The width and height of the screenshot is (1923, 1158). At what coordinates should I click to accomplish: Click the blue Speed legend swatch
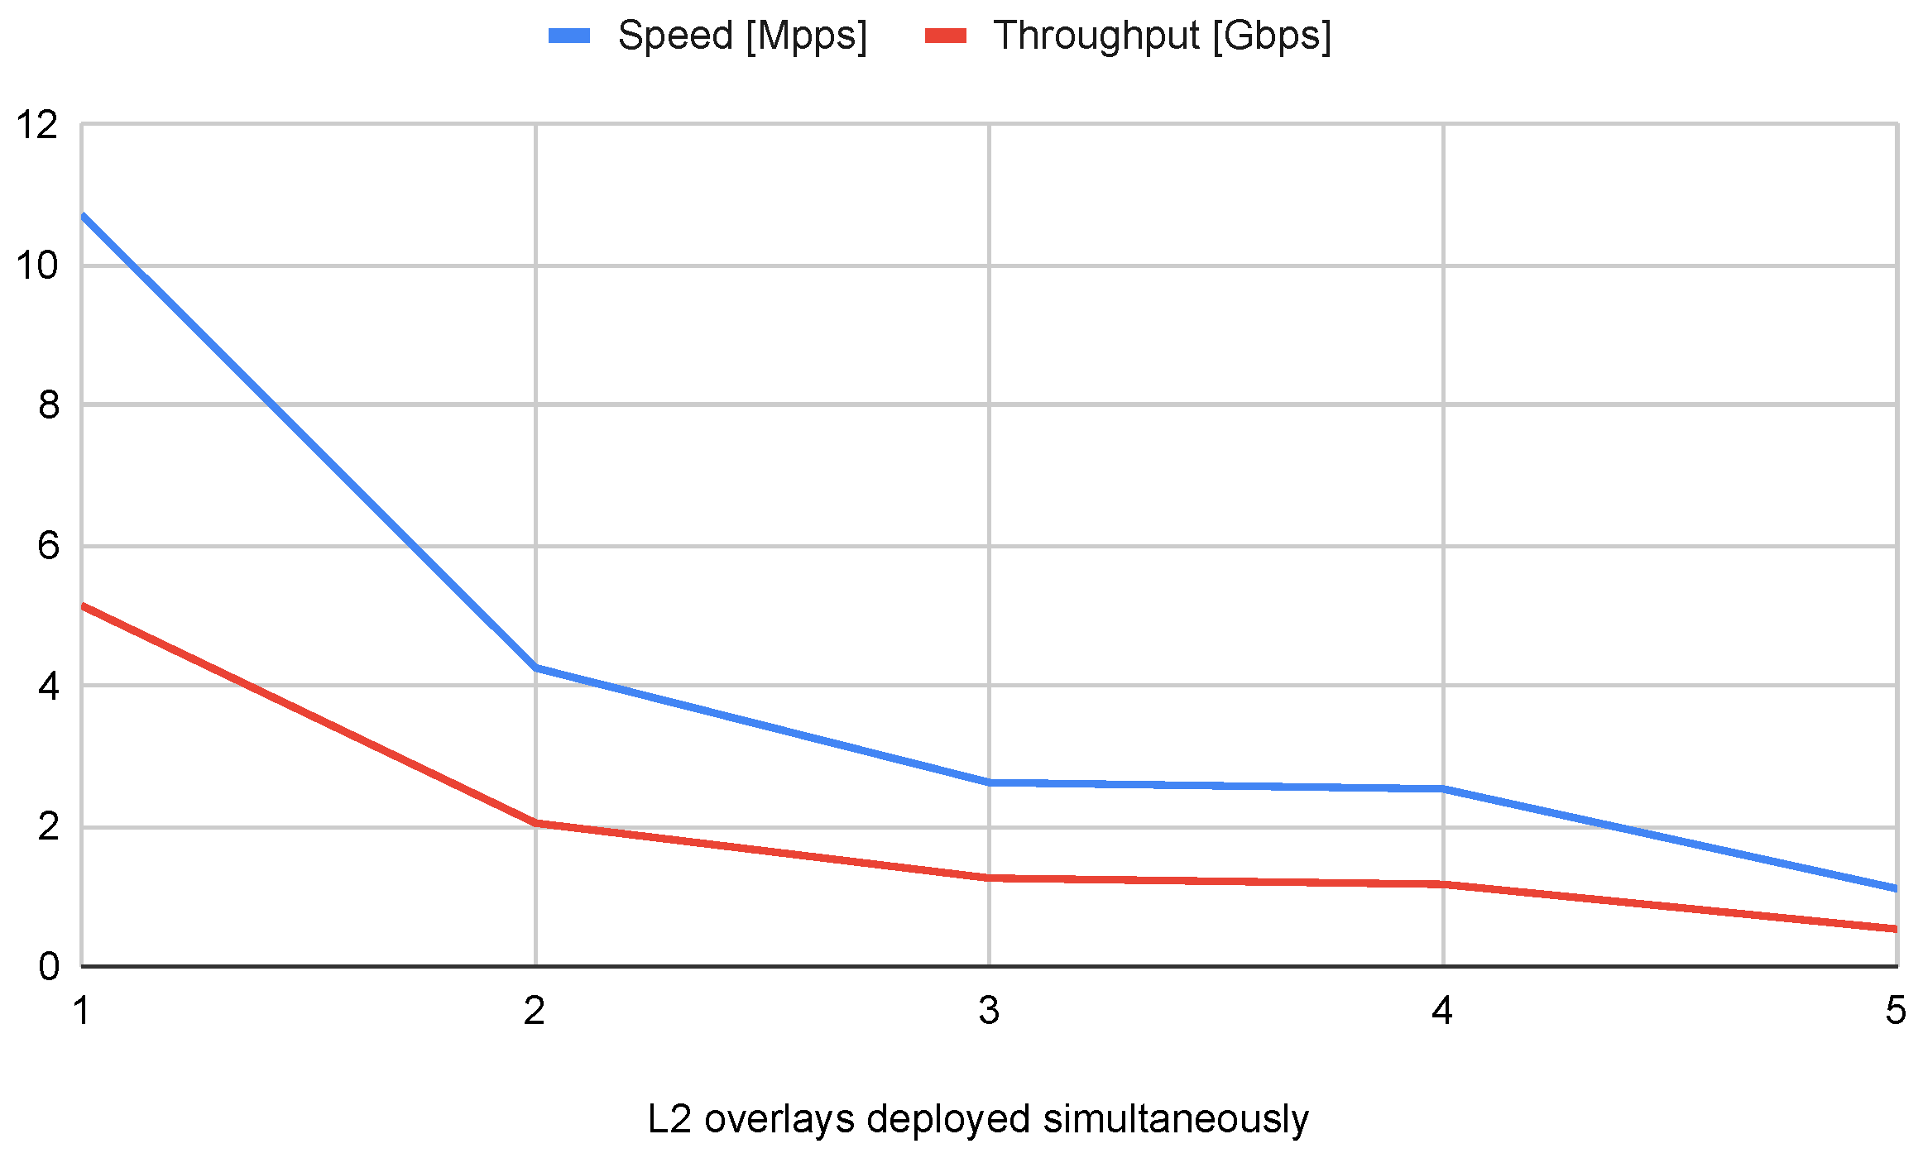[569, 36]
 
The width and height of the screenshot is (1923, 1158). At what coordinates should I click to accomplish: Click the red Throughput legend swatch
[946, 36]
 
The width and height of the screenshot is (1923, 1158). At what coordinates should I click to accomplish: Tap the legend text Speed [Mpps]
[742, 36]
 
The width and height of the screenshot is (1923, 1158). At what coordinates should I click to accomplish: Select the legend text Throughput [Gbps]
[1163, 36]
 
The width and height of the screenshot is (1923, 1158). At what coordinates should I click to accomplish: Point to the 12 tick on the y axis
[37, 126]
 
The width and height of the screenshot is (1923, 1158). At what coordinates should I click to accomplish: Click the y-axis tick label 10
[37, 266]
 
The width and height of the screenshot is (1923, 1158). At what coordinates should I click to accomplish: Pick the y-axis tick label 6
[48, 546]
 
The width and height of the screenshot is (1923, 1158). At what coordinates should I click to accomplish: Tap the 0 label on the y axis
[48, 966]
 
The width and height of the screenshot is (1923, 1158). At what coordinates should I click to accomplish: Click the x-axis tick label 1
[81, 1011]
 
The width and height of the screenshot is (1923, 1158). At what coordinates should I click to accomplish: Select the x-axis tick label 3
[989, 1011]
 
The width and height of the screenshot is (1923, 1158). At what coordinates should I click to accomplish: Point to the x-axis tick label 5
[1896, 1011]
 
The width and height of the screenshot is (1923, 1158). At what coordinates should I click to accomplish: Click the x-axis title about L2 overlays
[977, 1120]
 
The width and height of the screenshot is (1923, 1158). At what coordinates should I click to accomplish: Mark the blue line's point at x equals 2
[536, 668]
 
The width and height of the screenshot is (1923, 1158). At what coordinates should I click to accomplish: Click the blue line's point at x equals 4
[1443, 788]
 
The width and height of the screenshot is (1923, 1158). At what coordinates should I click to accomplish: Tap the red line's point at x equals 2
[536, 823]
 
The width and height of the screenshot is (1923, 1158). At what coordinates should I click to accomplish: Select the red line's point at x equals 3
[990, 878]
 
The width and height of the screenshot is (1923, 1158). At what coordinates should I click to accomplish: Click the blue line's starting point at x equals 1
[83, 216]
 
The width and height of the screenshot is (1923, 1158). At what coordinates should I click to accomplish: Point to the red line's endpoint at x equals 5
[1895, 929]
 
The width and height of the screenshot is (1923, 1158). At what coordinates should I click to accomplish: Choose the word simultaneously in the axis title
[1175, 1120]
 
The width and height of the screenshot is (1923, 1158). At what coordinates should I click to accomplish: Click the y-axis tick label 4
[48, 687]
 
